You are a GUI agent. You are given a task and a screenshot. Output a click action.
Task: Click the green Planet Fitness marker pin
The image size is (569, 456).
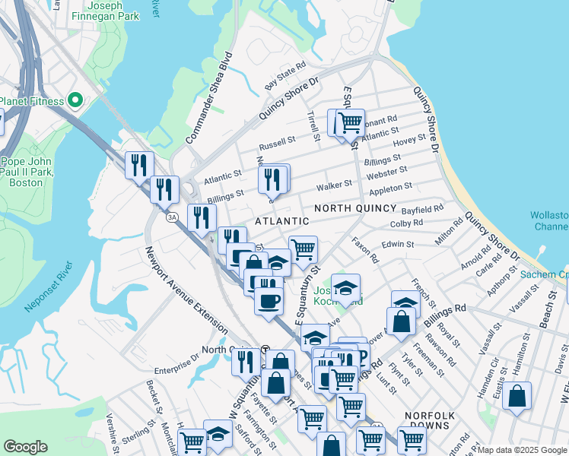pyautogui.click(x=75, y=100)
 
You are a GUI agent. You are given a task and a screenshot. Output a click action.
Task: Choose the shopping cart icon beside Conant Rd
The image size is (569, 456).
pyautogui.click(x=350, y=122)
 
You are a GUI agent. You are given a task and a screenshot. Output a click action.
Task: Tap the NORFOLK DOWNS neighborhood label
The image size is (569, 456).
pyautogui.click(x=431, y=416)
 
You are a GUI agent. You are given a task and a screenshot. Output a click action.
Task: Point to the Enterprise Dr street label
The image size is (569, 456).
pyautogui.click(x=176, y=369)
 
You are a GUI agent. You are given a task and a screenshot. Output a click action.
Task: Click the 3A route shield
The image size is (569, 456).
pyautogui.click(x=172, y=217)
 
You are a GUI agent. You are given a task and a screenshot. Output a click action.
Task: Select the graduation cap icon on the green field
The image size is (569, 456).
pyautogui.click(x=345, y=289)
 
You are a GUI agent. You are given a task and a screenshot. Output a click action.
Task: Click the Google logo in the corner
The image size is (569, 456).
pyautogui.click(x=25, y=447)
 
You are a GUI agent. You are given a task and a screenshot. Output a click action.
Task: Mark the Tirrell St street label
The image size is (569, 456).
pyautogui.click(x=313, y=125)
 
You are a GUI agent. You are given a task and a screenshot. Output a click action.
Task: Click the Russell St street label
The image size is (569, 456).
pyautogui.click(x=277, y=142)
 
